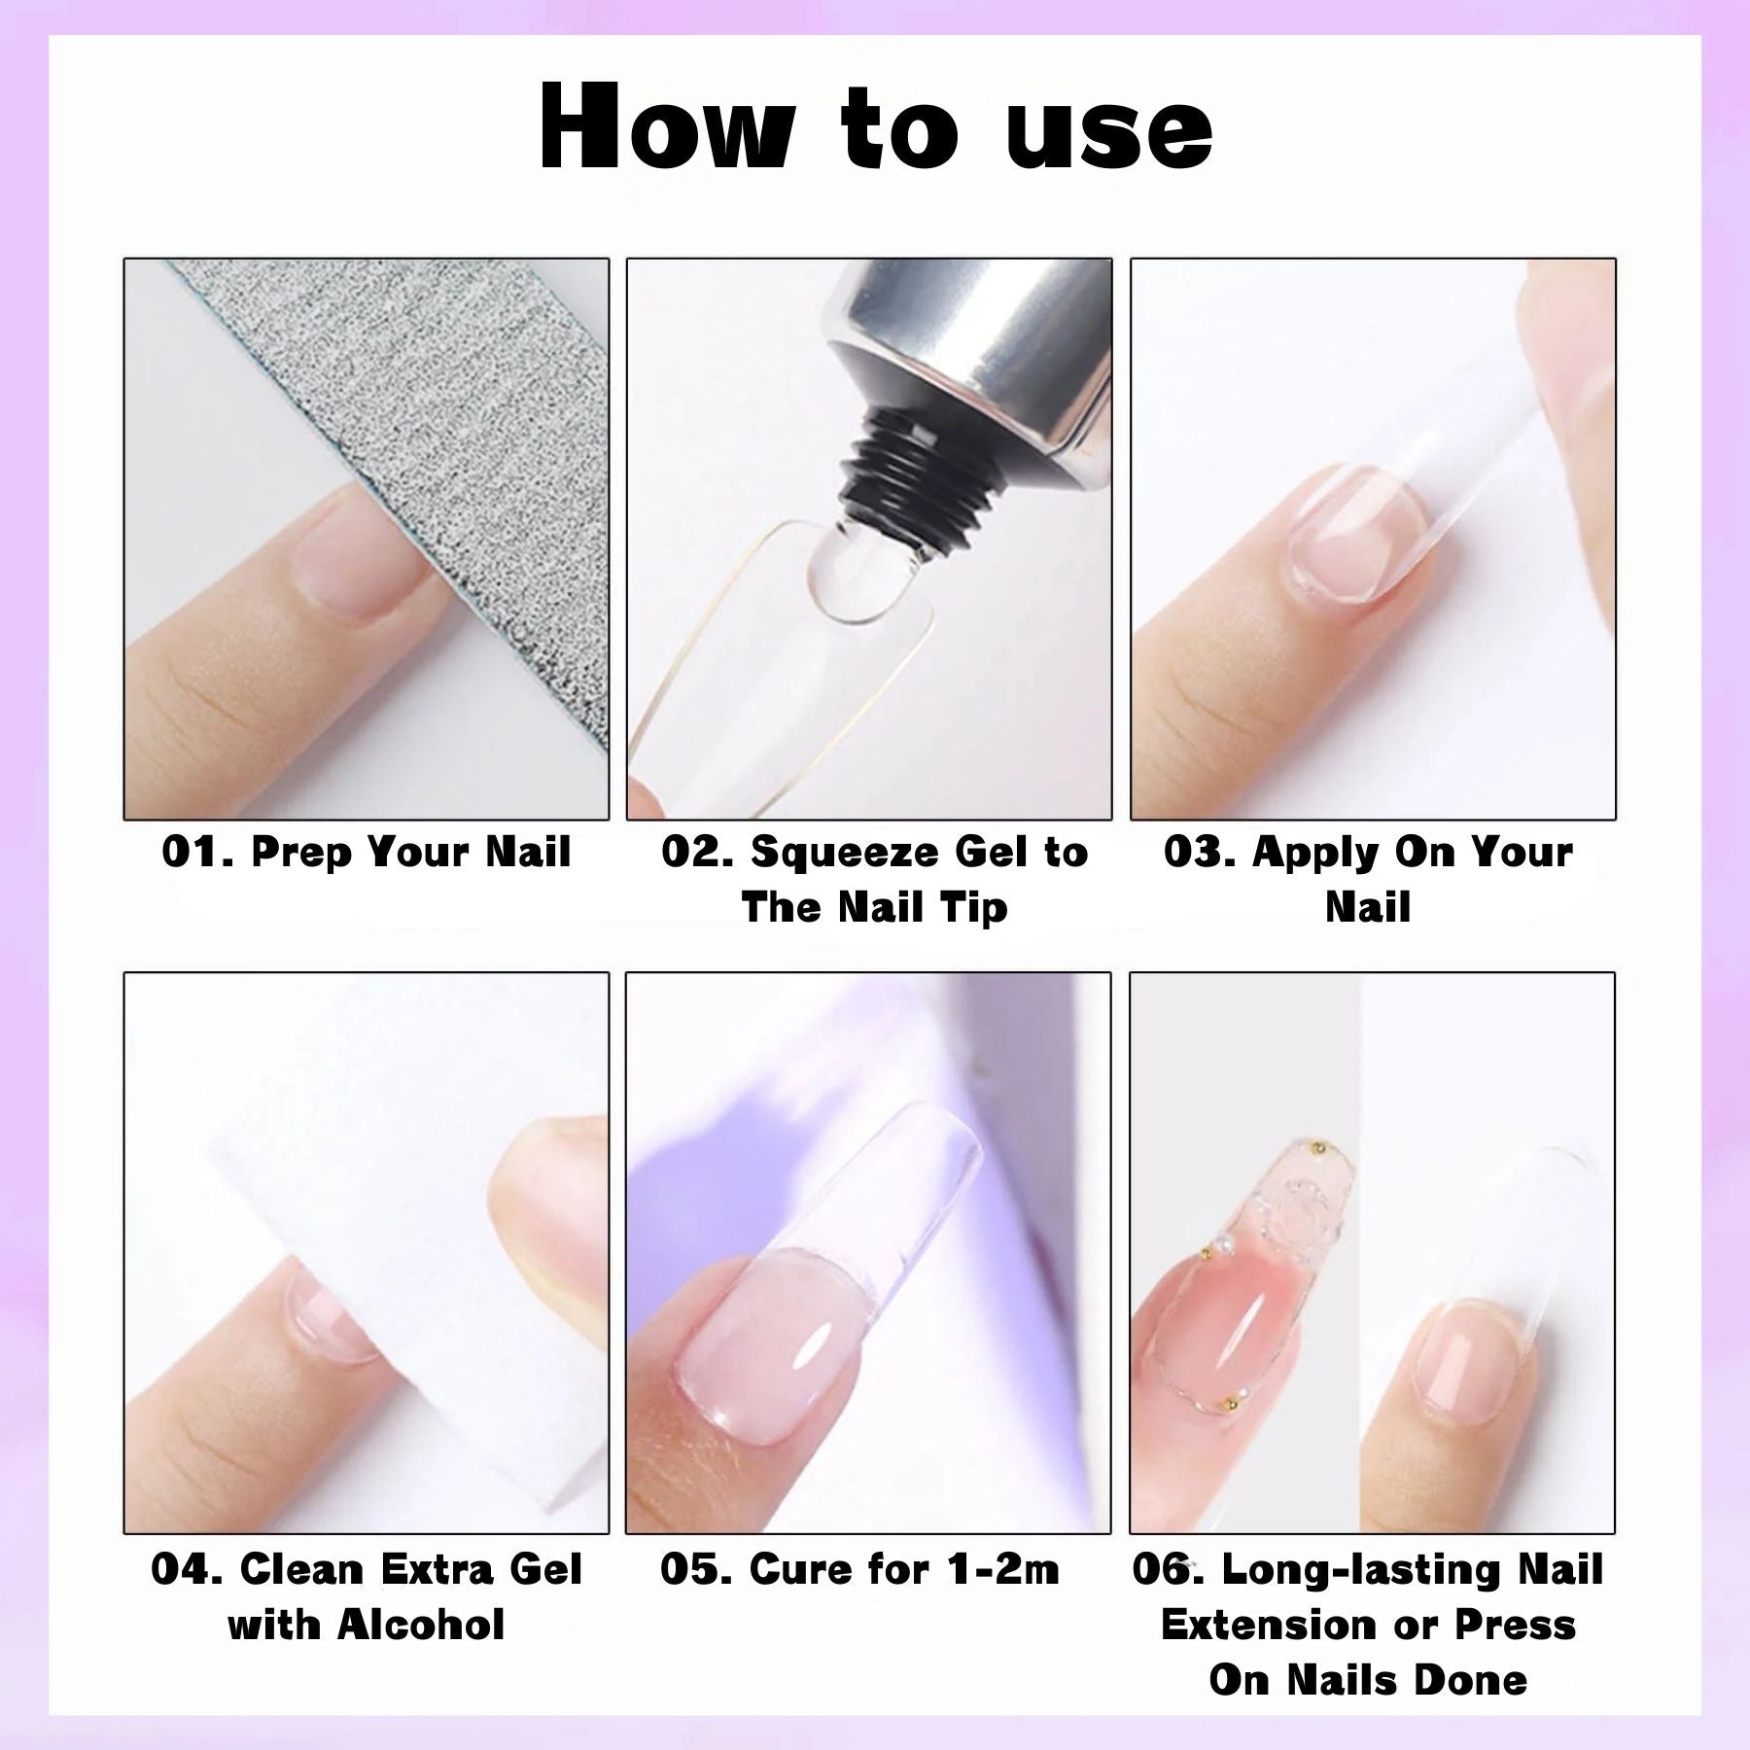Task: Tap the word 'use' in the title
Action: pos(1109,133)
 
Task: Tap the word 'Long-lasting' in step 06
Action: pos(1346,1571)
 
